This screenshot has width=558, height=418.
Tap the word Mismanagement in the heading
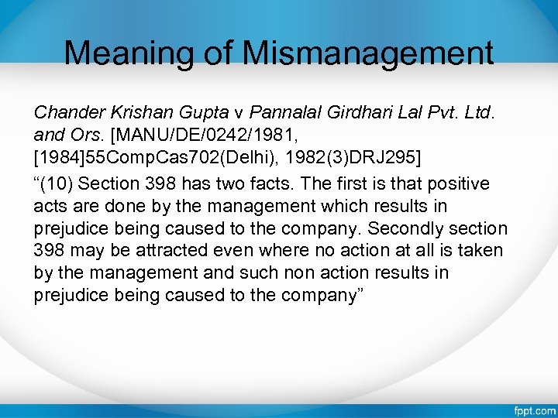368,53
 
